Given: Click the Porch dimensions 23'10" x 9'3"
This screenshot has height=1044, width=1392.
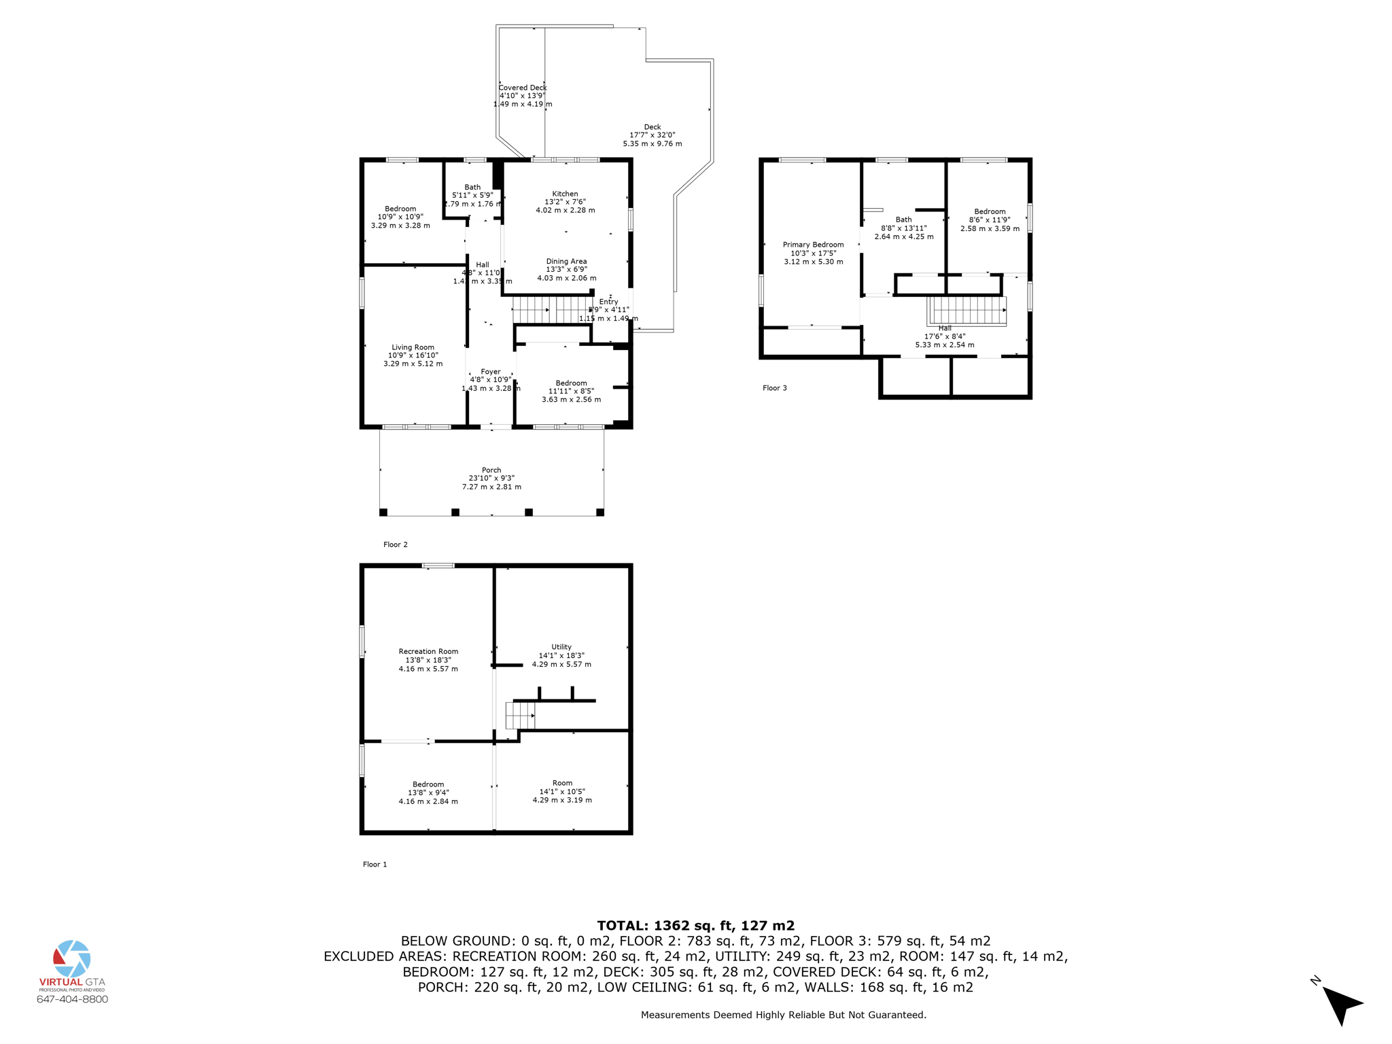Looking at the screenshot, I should [491, 478].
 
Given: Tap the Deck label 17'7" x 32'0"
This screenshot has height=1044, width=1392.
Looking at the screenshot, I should [652, 135].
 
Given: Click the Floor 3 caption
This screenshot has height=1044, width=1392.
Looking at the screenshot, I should [774, 388].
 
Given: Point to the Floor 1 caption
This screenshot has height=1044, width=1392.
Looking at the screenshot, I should [375, 865].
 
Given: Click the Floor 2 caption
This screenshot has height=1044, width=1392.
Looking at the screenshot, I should [395, 544].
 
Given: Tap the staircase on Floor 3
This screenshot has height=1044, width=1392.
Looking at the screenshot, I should [967, 311].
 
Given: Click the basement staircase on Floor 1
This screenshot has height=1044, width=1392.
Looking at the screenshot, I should [520, 716].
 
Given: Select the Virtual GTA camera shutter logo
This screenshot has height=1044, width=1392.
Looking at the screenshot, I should [71, 958].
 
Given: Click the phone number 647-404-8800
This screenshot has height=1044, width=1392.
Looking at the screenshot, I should [72, 999].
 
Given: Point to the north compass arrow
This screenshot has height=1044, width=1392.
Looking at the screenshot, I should [1341, 1003].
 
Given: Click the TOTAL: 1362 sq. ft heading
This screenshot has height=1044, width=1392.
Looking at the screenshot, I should [695, 925].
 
